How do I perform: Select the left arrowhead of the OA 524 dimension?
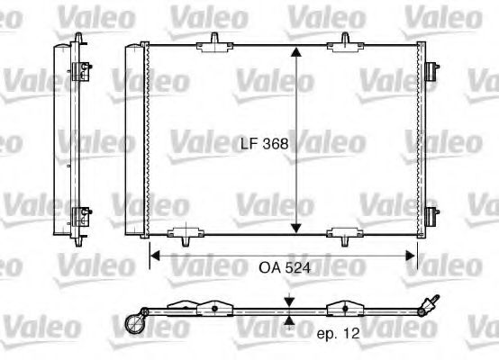(x=153, y=256)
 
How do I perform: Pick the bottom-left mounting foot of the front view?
(x=186, y=237)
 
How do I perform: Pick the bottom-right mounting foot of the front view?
(x=344, y=237)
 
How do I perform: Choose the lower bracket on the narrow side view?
(x=82, y=216)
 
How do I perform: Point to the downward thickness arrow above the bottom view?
(x=288, y=301)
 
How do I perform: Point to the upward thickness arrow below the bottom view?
(x=288, y=319)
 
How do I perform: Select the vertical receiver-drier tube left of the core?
(x=134, y=139)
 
